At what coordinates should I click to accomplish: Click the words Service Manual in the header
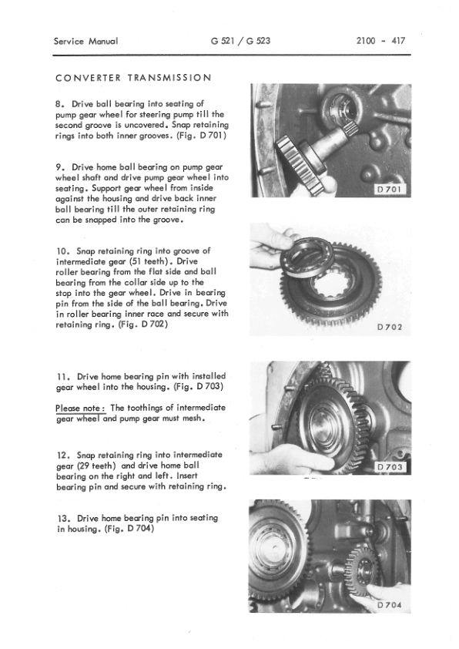tap(85, 41)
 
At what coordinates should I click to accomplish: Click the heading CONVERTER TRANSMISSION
tap(135, 78)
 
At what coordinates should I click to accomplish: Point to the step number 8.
tap(61, 103)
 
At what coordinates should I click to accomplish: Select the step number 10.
tap(63, 251)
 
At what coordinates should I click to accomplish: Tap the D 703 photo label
tap(393, 467)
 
